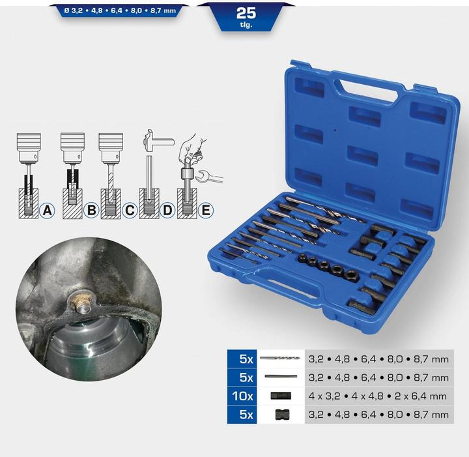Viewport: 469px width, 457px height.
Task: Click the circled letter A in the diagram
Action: point(46,210)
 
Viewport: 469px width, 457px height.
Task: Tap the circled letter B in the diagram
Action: point(91,210)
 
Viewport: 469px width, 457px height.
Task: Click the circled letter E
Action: point(206,210)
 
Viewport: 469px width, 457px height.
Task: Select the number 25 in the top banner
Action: point(246,12)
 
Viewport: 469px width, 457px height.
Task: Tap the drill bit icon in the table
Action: point(279,358)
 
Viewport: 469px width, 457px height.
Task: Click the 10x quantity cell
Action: point(242,395)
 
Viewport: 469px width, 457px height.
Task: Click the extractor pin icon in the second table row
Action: point(279,377)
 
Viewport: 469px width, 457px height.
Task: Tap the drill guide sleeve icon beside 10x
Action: point(279,396)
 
